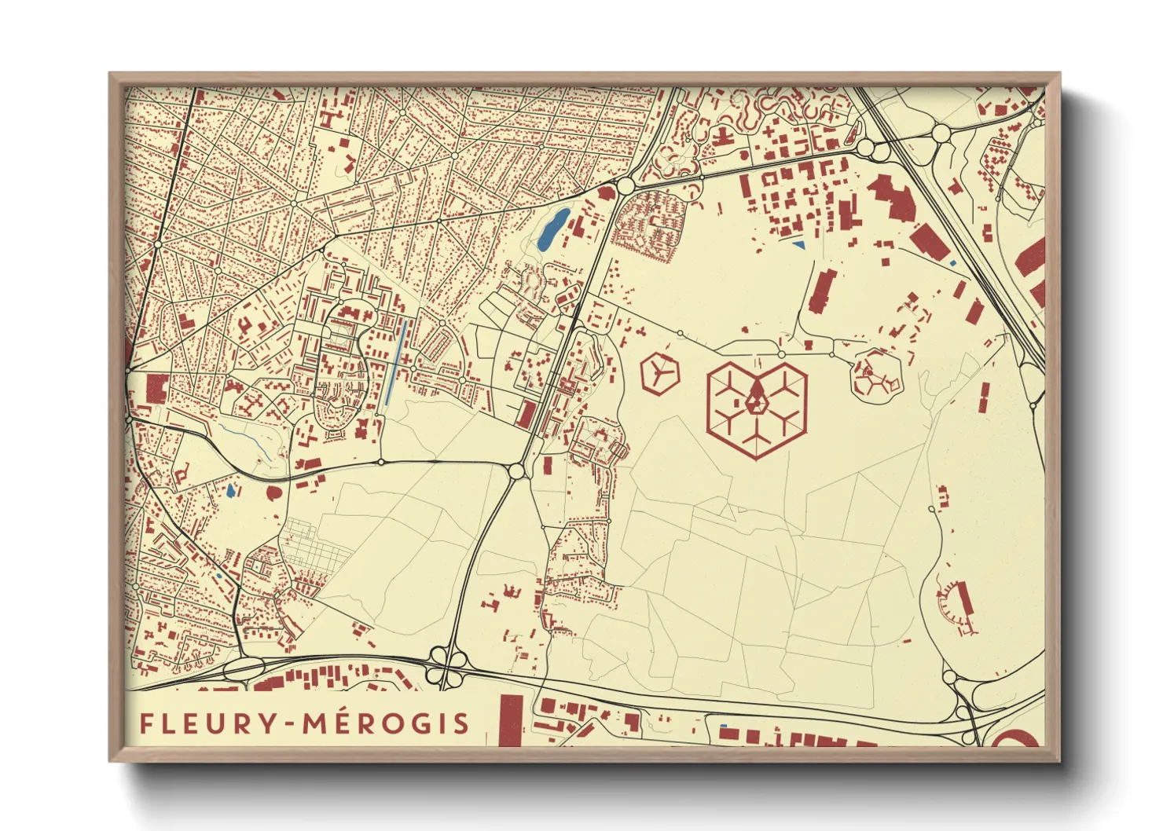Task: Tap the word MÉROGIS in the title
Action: tap(387, 723)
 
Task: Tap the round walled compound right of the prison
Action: tap(875, 378)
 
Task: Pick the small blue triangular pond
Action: tap(799, 245)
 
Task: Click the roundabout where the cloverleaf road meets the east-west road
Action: tap(516, 470)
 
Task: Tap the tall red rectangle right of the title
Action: tap(511, 719)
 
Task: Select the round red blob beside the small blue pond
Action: tap(274, 493)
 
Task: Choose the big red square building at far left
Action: tap(156, 388)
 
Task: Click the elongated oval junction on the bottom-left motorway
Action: tap(245, 669)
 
